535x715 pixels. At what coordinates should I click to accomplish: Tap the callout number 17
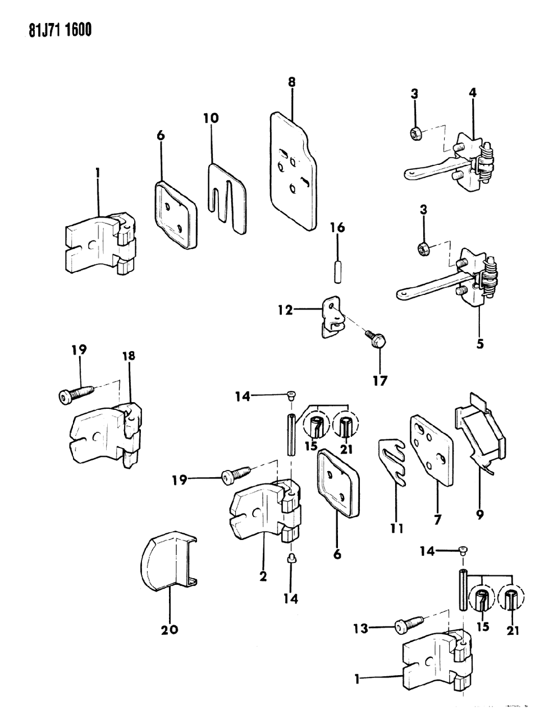click(379, 381)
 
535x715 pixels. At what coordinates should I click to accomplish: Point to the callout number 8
click(291, 82)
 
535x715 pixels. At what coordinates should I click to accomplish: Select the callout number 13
click(360, 629)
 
